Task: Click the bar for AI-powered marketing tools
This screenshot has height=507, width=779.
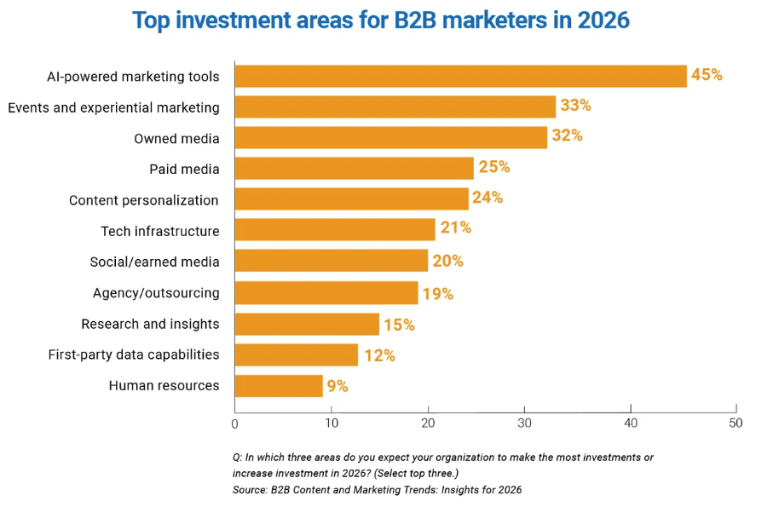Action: coord(460,76)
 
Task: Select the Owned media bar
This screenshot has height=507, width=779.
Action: coord(390,138)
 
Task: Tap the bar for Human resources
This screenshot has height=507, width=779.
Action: coord(279,386)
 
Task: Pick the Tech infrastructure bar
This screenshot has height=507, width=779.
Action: coord(335,230)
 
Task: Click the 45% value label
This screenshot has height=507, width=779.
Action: coord(707,75)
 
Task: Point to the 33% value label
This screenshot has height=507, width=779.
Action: coord(575,106)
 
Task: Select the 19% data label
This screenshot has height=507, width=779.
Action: coord(437,294)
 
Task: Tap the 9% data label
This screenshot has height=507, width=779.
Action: coord(338,386)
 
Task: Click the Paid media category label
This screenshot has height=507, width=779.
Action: coord(184,169)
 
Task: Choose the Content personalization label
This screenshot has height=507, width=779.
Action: coord(144,200)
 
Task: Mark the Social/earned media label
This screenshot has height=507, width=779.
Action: coord(154,262)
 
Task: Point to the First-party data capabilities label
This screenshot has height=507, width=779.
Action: coord(134,354)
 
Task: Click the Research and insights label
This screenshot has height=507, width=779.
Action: coord(150,324)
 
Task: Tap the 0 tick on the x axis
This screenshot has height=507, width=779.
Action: coord(235,423)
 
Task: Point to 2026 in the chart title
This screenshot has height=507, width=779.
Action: coord(601,20)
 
